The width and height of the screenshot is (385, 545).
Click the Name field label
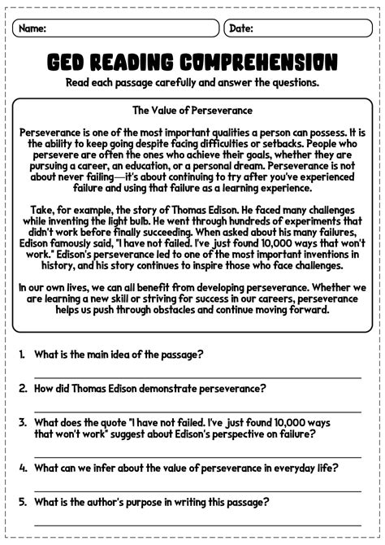click(x=32, y=28)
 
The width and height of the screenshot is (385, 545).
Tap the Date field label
click(x=241, y=28)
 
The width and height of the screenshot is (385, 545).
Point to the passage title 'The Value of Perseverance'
click(x=192, y=110)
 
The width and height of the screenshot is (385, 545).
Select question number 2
click(x=23, y=389)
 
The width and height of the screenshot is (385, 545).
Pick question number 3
click(x=23, y=422)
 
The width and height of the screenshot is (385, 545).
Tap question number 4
click(x=23, y=468)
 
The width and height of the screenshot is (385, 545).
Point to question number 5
click(x=23, y=502)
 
